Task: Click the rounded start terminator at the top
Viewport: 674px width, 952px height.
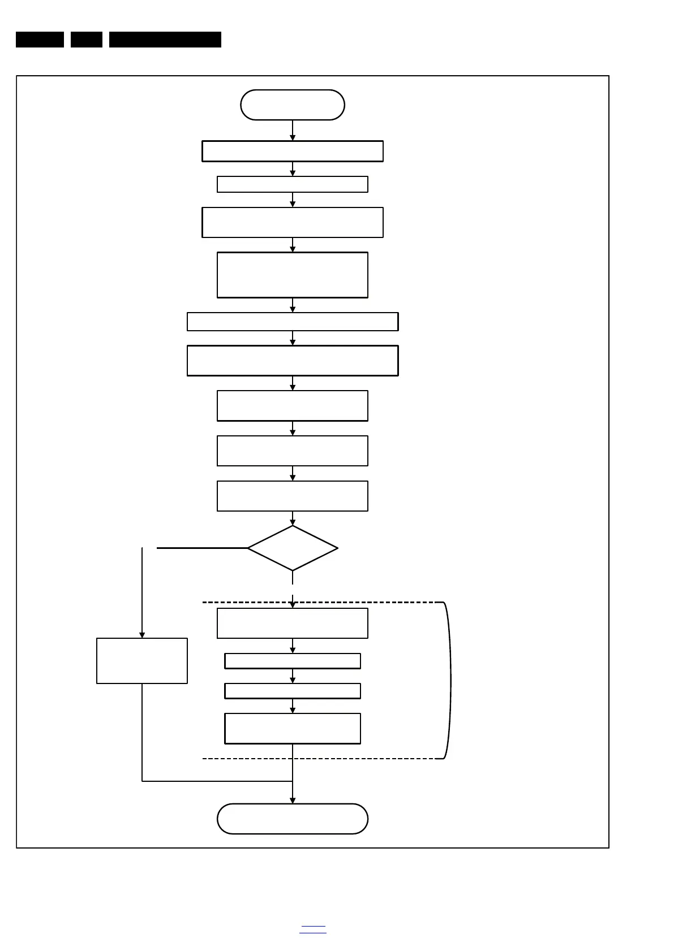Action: pyautogui.click(x=293, y=105)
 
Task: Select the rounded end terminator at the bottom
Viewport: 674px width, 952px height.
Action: pyautogui.click(x=293, y=819)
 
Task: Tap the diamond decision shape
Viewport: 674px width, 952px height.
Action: pyautogui.click(x=293, y=548)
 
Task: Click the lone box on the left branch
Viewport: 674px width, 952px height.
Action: pyautogui.click(x=142, y=661)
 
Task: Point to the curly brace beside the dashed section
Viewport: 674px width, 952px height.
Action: pyautogui.click(x=449, y=681)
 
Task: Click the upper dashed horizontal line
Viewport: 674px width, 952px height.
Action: pyautogui.click(x=368, y=603)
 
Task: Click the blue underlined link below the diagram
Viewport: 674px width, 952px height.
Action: pyautogui.click(x=313, y=929)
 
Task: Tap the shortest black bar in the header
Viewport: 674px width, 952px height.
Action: pyautogui.click(x=87, y=40)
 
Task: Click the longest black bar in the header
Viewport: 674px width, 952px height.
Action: pyautogui.click(x=165, y=40)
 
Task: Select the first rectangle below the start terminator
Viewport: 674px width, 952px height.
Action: pyautogui.click(x=293, y=152)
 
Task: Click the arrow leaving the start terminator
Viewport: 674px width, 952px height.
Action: pyautogui.click(x=293, y=130)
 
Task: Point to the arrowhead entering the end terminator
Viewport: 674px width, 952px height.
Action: pyautogui.click(x=293, y=800)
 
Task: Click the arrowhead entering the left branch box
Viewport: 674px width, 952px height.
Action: pyautogui.click(x=142, y=634)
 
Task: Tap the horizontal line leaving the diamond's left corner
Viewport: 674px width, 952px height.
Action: pyautogui.click(x=202, y=548)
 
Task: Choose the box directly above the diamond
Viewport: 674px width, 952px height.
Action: pyautogui.click(x=293, y=496)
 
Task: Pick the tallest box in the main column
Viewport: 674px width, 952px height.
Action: pyautogui.click(x=293, y=275)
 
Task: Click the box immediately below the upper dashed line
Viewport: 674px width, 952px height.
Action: pyautogui.click(x=293, y=623)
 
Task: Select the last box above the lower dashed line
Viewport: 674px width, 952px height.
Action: pyautogui.click(x=293, y=729)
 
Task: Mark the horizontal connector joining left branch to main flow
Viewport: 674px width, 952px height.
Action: pyautogui.click(x=217, y=781)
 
